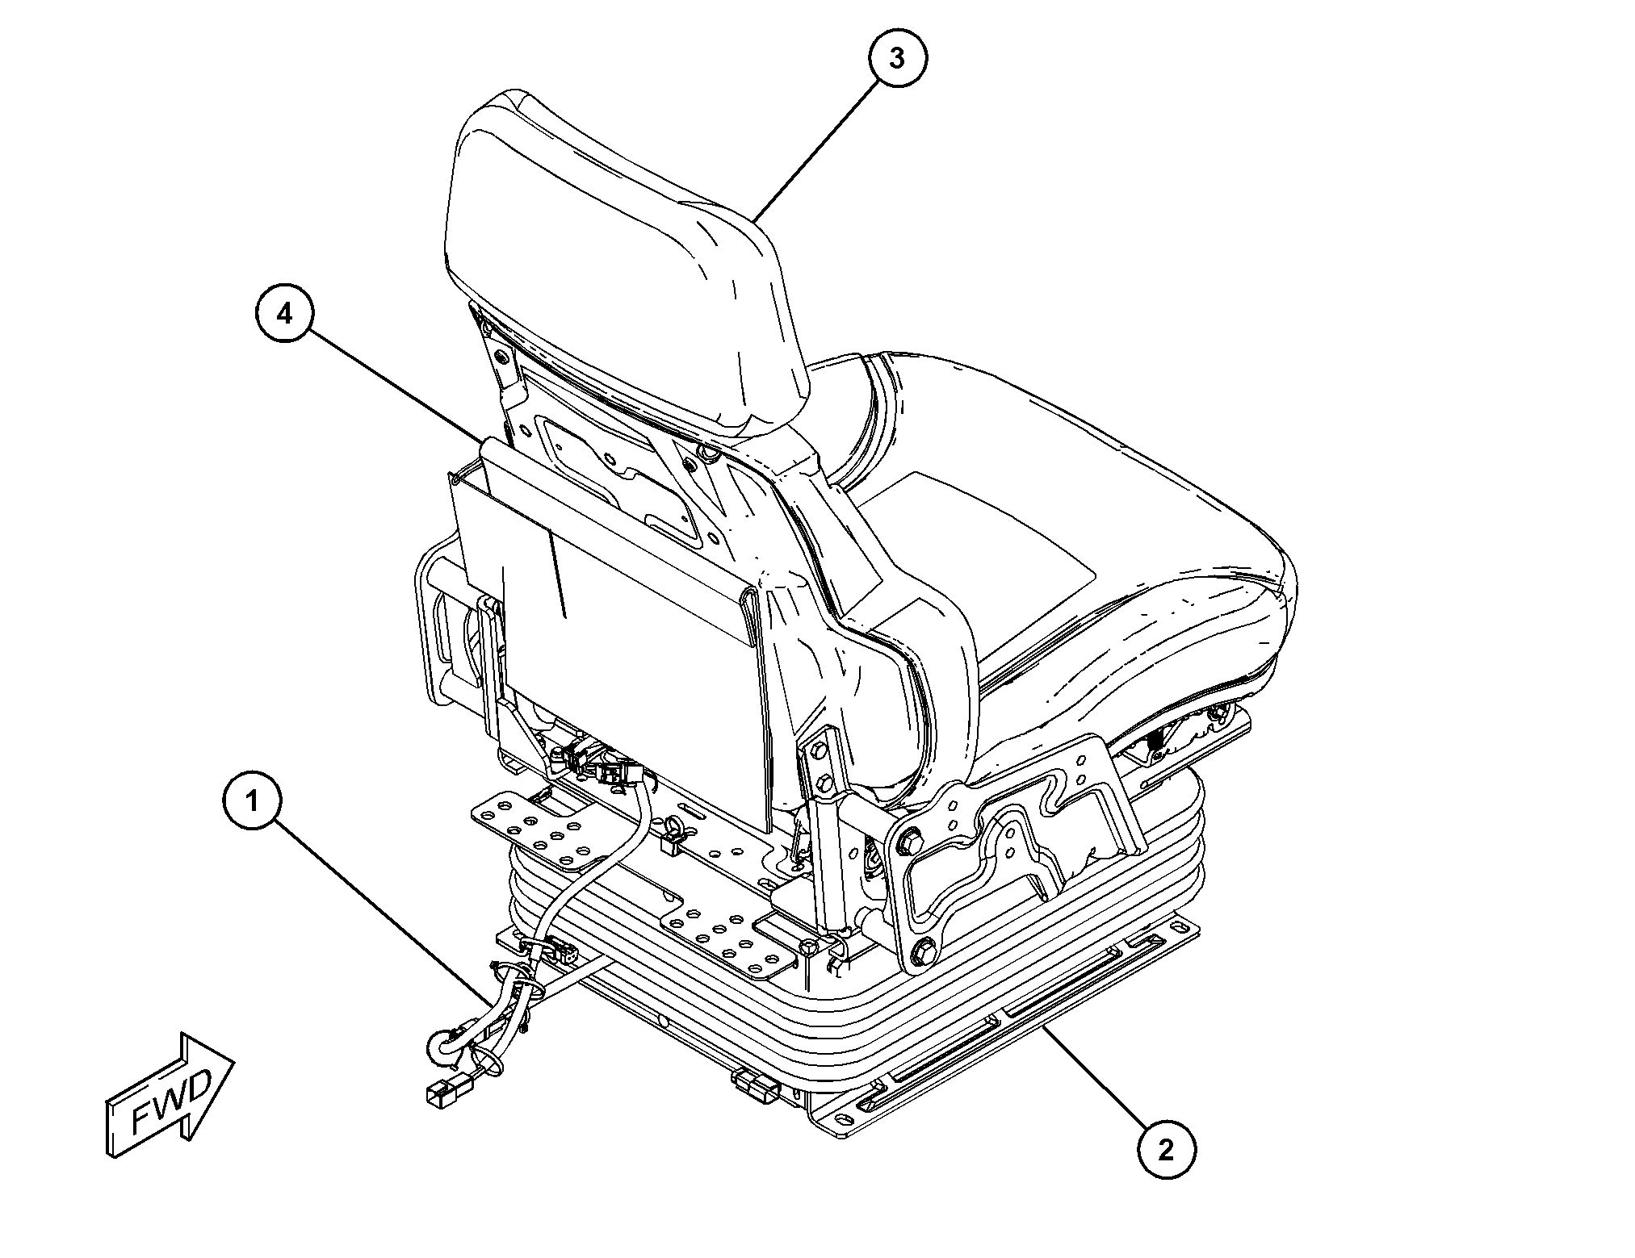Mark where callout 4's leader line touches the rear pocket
482,441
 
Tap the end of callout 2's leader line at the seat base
1042,1027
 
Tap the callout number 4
285,314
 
